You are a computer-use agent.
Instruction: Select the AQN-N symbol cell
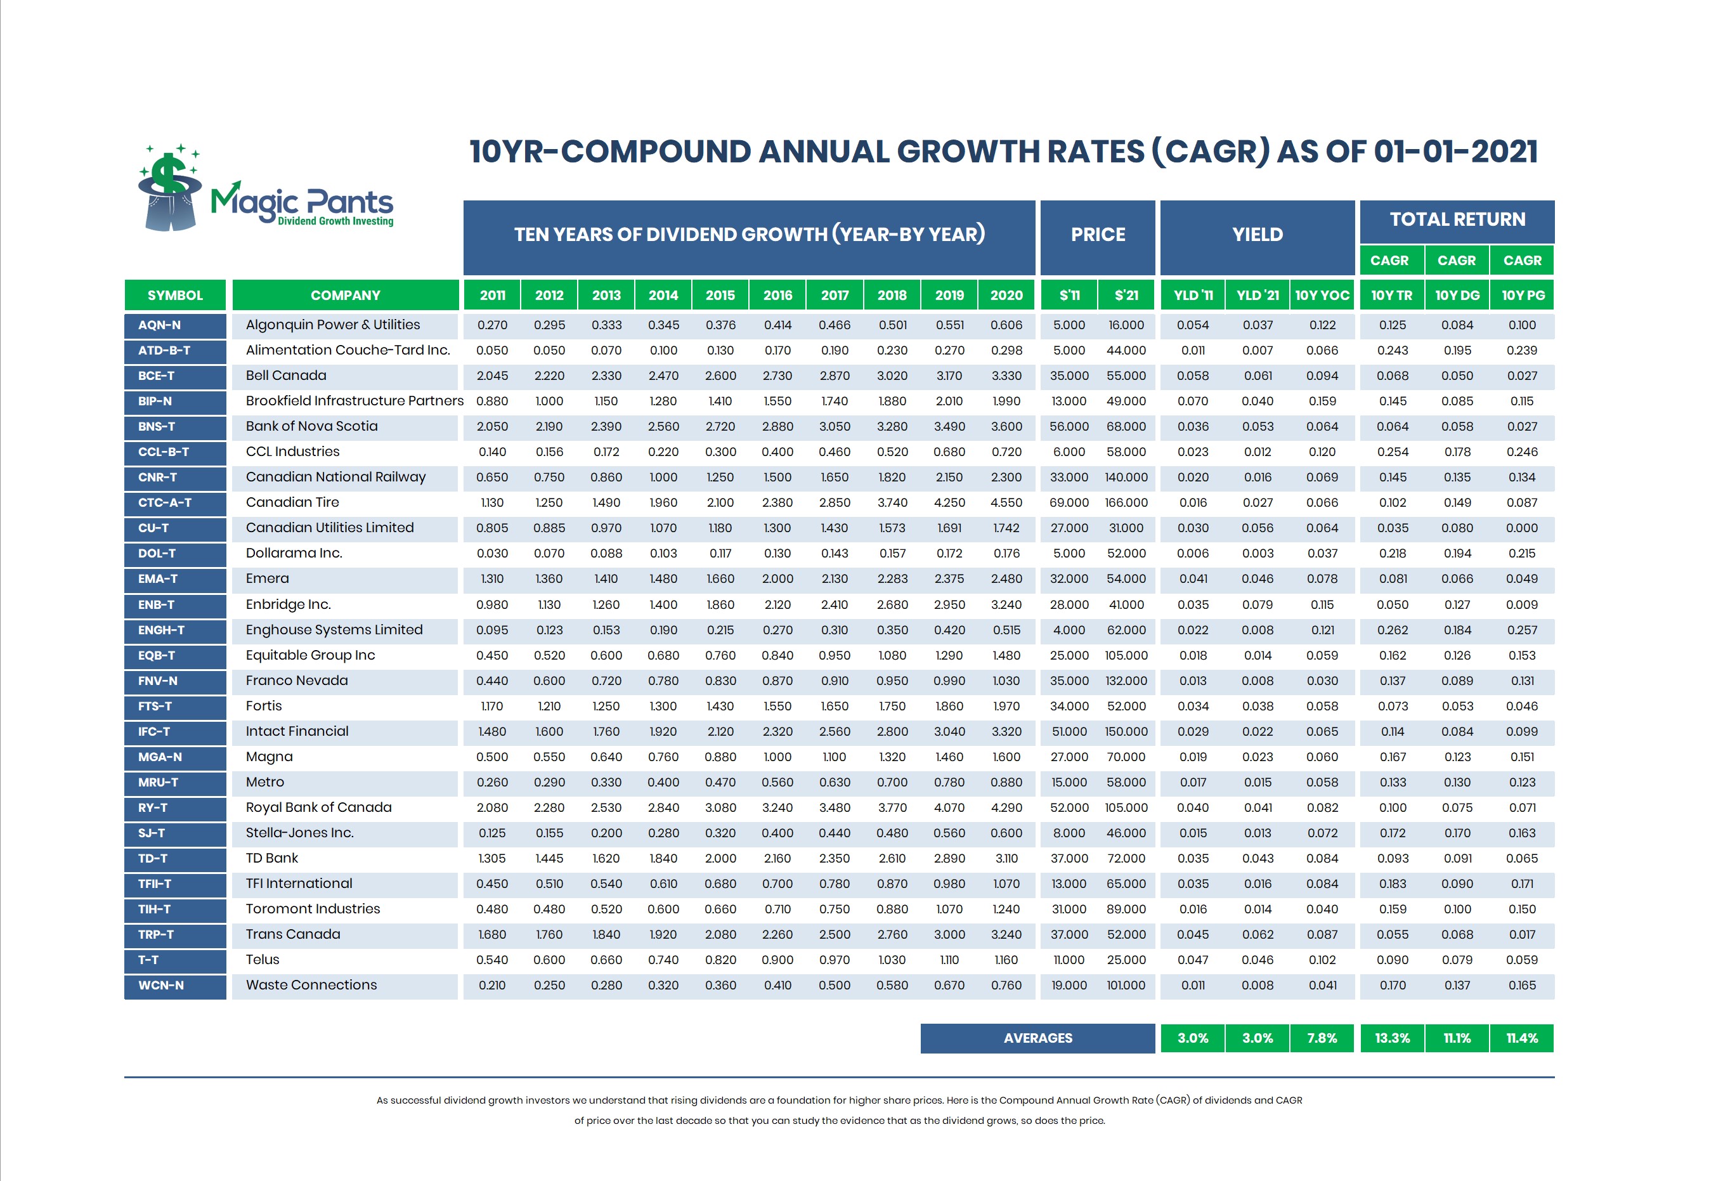tap(174, 325)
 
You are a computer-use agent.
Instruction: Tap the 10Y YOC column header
tap(1322, 296)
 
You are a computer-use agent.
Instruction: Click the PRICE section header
tap(1098, 235)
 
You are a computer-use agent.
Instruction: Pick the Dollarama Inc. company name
tap(294, 554)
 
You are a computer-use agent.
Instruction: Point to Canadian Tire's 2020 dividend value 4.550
tap(1006, 503)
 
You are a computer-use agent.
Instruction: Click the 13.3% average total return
tap(1392, 1038)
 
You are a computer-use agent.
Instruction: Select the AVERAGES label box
tap(1037, 1038)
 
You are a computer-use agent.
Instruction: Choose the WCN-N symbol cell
tap(174, 986)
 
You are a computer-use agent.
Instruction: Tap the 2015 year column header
tap(720, 296)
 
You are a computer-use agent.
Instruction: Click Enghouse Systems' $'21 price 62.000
tap(1126, 630)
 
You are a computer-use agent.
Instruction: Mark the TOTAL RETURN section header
tap(1457, 219)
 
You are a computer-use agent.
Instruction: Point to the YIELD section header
tap(1257, 235)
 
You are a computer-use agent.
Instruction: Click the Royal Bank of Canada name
tap(318, 807)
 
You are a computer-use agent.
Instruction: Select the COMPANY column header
tap(346, 296)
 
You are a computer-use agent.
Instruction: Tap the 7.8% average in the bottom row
tap(1322, 1038)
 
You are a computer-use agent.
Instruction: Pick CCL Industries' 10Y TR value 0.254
tap(1392, 452)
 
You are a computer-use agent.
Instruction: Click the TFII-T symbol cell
tap(174, 884)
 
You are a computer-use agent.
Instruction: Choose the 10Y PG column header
tap(1522, 296)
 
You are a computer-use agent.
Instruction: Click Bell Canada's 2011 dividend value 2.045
tap(492, 376)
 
